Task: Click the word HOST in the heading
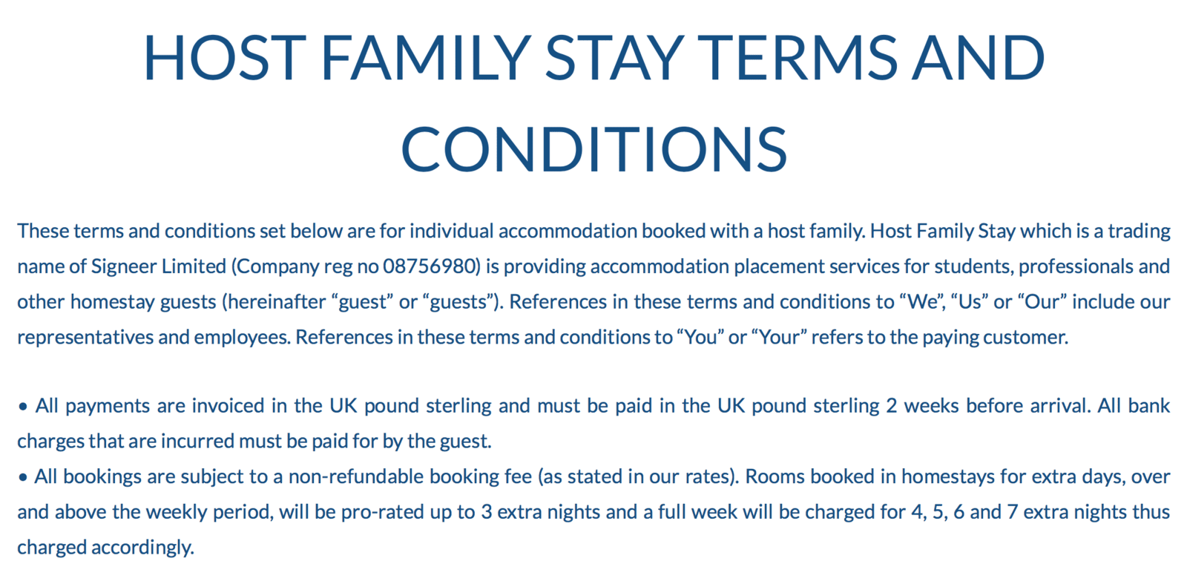pos(224,58)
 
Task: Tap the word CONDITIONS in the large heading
pos(593,148)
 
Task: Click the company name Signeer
pos(121,266)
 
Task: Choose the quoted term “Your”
pos(778,338)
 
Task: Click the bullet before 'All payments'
pos(23,407)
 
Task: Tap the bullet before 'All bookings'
pos(23,477)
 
